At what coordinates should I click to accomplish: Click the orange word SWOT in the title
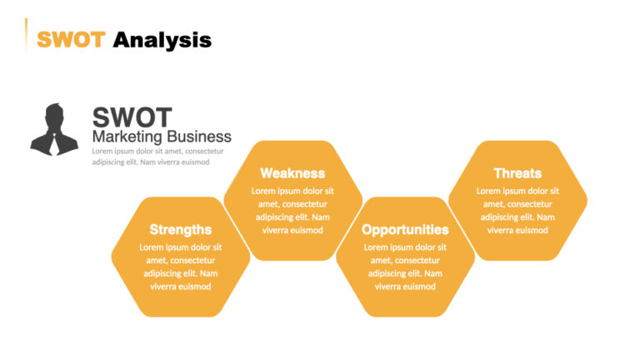[71, 39]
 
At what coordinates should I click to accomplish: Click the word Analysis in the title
[162, 39]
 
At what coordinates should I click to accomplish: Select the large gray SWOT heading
[132, 117]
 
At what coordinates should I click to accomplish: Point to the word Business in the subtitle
[199, 136]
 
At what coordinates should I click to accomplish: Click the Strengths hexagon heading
[180, 229]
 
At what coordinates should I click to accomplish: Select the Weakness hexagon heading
[292, 173]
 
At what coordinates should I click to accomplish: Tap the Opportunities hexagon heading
[405, 229]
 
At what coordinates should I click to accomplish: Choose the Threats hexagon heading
[517, 173]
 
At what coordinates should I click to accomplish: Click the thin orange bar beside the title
[27, 33]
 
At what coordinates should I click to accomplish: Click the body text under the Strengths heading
[180, 267]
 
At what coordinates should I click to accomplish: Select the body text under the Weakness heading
[292, 210]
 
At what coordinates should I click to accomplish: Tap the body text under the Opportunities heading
[405, 267]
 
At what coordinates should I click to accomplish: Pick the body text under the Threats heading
[517, 210]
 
